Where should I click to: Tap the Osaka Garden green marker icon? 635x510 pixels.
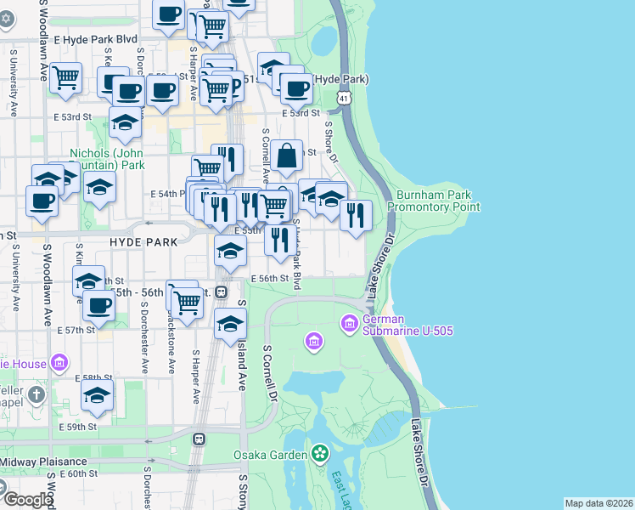coord(320,454)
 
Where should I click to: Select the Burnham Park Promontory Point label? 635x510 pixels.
coord(433,201)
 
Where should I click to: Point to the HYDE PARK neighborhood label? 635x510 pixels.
coord(143,242)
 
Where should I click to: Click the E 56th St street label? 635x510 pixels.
coord(270,278)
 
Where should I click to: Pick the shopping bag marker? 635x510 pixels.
coord(288,156)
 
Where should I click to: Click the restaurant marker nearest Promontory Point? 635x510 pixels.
coord(356,214)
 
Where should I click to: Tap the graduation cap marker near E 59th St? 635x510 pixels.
coord(98,395)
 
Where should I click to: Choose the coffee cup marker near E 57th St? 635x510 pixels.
coord(98,305)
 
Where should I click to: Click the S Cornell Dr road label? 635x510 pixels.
coord(271,372)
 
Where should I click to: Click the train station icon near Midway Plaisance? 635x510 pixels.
coord(199,439)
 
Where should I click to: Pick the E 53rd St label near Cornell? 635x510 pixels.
coord(302,113)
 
